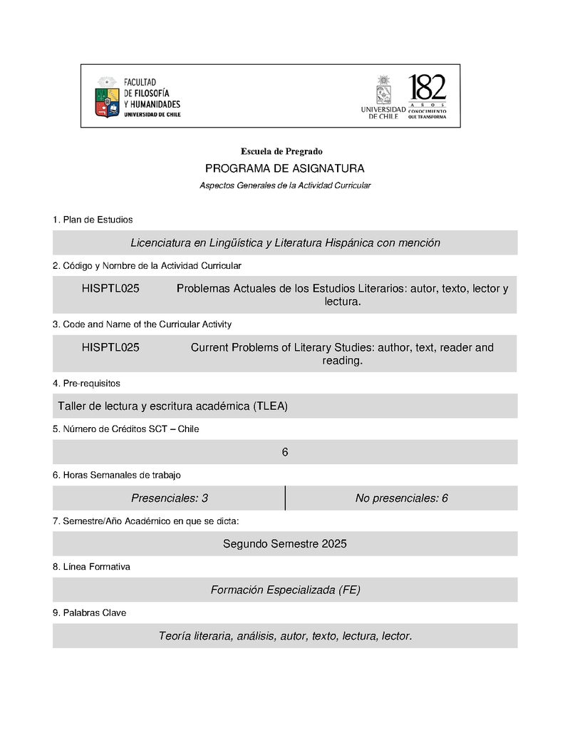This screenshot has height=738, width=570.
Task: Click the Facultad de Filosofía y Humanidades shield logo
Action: (x=107, y=97)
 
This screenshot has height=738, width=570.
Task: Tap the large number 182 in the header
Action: (x=427, y=88)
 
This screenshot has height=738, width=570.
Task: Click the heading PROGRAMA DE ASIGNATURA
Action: (x=284, y=169)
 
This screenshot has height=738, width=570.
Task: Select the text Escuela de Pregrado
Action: (x=281, y=151)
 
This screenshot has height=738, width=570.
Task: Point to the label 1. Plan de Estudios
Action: (x=93, y=220)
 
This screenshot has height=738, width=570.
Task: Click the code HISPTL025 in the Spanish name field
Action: (x=110, y=289)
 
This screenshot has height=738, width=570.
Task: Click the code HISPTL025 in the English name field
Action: (x=110, y=348)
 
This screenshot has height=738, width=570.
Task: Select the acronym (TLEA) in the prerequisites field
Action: (x=271, y=406)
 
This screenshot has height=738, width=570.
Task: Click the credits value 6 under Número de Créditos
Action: (x=285, y=452)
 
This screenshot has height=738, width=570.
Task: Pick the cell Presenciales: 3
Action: (x=170, y=498)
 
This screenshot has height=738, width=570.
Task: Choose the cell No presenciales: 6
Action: (x=401, y=498)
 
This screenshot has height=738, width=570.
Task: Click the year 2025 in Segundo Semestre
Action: (x=334, y=544)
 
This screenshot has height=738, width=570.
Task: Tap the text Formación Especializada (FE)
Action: (x=285, y=590)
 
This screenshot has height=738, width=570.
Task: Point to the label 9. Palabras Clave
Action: (x=90, y=613)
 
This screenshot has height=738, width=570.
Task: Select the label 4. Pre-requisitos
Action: (x=86, y=384)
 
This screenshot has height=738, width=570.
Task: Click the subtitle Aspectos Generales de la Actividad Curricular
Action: (x=285, y=185)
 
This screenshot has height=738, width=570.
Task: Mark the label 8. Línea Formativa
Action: (x=91, y=567)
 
